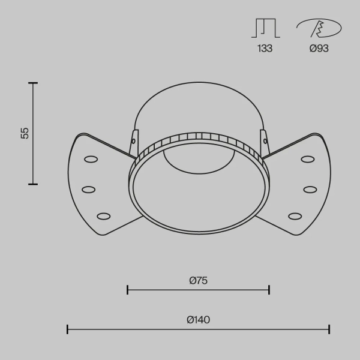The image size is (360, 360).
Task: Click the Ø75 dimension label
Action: [199, 281]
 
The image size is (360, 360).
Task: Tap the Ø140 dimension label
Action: [199, 320]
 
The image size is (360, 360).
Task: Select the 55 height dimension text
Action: [25, 133]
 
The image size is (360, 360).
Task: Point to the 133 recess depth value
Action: [265, 49]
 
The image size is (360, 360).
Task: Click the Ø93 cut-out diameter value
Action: [319, 49]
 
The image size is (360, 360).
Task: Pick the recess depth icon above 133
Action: [266, 28]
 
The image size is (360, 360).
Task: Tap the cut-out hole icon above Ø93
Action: [319, 28]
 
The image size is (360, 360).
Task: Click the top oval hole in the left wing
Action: [91, 159]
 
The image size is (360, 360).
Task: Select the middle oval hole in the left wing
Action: [89, 190]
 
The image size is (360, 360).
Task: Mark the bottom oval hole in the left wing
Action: [104, 216]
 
